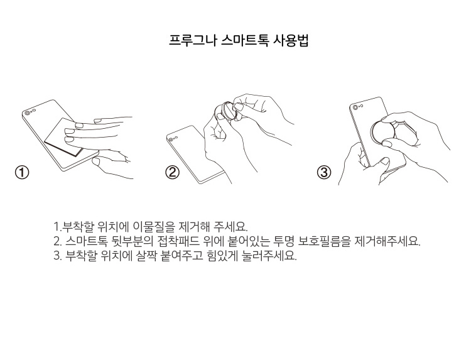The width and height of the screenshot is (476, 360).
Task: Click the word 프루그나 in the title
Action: [x=192, y=40]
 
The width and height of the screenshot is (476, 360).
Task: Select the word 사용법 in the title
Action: [x=291, y=40]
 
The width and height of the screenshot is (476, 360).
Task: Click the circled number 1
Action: [x=22, y=173]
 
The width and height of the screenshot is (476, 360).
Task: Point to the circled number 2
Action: [x=172, y=173]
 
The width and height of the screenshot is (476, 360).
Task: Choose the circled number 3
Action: [x=324, y=173]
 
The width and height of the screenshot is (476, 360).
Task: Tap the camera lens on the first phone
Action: [x=28, y=113]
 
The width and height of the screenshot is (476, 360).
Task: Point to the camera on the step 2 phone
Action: [x=171, y=139]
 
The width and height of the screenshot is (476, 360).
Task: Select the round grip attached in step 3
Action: [x=382, y=132]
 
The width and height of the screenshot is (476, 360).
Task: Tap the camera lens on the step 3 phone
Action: [x=355, y=107]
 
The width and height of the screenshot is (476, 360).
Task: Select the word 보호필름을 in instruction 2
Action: [x=324, y=241]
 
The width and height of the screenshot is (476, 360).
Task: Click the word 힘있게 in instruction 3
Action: [x=221, y=256]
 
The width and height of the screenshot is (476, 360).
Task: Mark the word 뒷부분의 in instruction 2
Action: [x=133, y=241]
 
